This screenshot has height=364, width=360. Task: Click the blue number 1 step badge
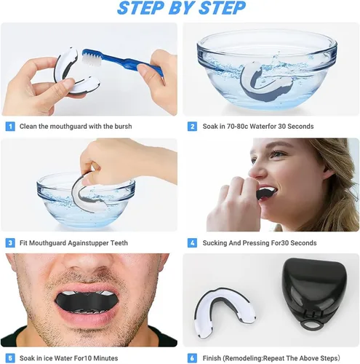point(10,127)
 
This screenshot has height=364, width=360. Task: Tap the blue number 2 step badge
point(192,127)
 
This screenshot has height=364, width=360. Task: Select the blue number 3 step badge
point(10,243)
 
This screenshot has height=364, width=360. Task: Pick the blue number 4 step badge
point(192,243)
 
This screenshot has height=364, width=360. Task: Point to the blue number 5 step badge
point(10,358)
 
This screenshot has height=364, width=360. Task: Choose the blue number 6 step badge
point(192,358)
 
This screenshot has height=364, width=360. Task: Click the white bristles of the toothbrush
point(92,60)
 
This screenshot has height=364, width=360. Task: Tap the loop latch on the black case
point(311,324)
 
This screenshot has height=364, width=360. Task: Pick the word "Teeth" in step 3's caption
point(119,243)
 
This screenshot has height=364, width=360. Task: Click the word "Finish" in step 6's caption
point(212,358)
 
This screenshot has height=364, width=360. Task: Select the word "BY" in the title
point(183,8)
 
